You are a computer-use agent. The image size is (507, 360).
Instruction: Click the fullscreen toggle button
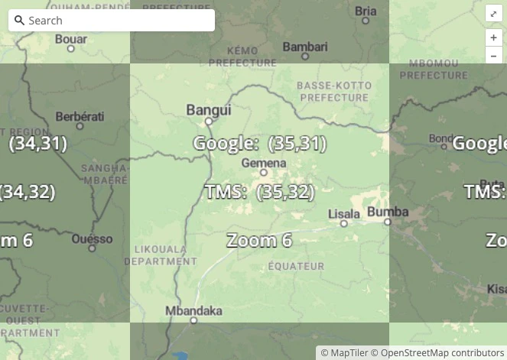(x=493, y=14)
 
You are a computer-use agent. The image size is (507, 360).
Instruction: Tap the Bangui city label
(x=209, y=110)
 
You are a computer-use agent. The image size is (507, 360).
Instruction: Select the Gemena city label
(x=264, y=163)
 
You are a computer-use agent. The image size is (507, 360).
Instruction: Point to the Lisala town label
(x=343, y=213)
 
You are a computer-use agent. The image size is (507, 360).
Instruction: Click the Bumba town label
(x=388, y=211)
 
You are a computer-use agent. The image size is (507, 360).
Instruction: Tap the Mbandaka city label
(x=194, y=311)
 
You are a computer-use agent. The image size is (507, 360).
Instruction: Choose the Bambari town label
(x=305, y=47)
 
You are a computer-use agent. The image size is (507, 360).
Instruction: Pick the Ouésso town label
(x=92, y=239)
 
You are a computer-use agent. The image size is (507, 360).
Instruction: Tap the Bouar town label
(x=71, y=38)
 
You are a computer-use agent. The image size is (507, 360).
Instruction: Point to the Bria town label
(x=366, y=11)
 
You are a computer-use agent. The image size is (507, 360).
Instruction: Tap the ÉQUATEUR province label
(x=296, y=266)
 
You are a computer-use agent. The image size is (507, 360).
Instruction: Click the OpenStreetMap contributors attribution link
(x=442, y=352)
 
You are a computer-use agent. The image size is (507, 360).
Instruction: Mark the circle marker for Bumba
(x=388, y=222)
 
